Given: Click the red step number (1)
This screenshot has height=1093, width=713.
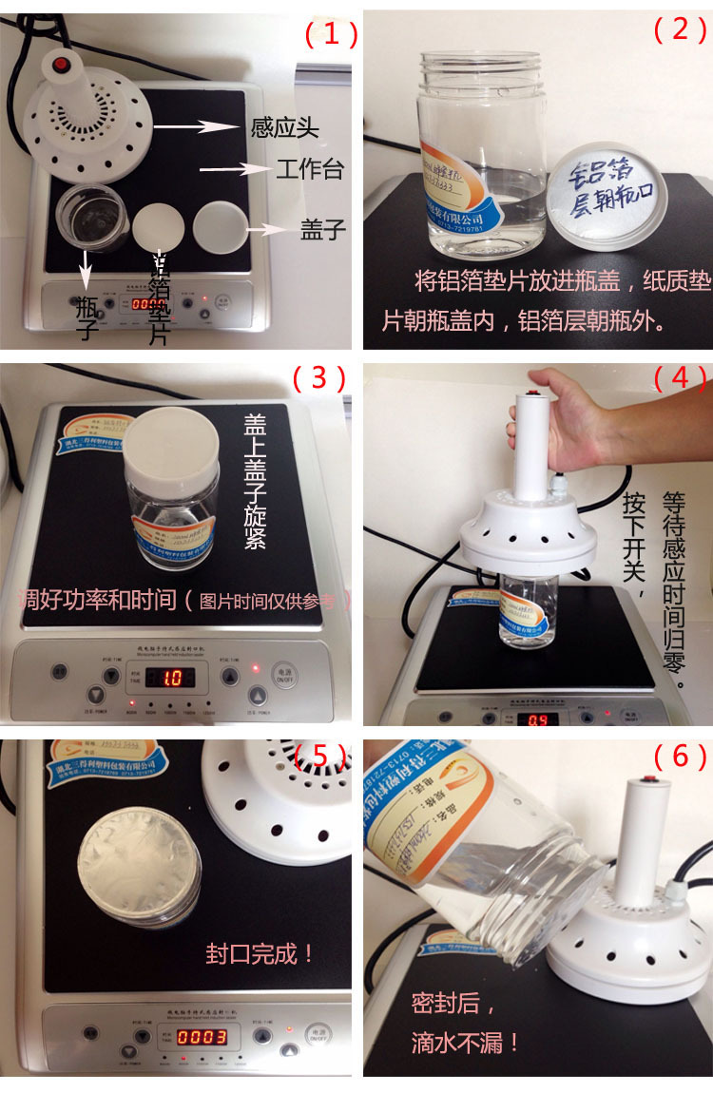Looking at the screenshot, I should [x=330, y=35].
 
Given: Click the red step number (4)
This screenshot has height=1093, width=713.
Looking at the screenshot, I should [x=680, y=377].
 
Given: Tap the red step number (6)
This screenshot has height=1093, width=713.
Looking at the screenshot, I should [x=680, y=756].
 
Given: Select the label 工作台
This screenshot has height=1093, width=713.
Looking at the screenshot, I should [x=309, y=171].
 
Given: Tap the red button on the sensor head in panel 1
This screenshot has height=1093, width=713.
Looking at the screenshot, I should [x=63, y=66].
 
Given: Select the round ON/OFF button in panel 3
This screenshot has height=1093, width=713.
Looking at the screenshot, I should [x=283, y=675].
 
